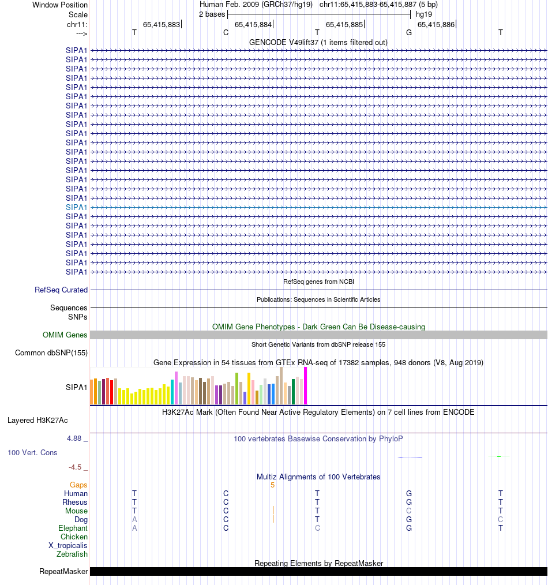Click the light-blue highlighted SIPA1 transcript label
pos(77,207)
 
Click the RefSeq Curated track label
pos(61,290)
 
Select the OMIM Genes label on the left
pos(65,335)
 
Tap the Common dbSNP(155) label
pos(51,353)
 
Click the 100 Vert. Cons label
pos(32,453)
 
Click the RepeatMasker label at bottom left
pos(63,572)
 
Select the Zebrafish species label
pos(72,554)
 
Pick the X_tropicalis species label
pos(68,546)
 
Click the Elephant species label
pos(73,528)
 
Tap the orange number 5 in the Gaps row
pos(272,485)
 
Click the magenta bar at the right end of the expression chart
pos(305,385)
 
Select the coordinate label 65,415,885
pos(344,24)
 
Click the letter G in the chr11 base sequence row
pos(409,32)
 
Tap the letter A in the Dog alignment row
pos(134,520)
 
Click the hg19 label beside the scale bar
pos(424,14)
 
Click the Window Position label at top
pos(60,5)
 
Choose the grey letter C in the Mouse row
pos(409,511)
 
